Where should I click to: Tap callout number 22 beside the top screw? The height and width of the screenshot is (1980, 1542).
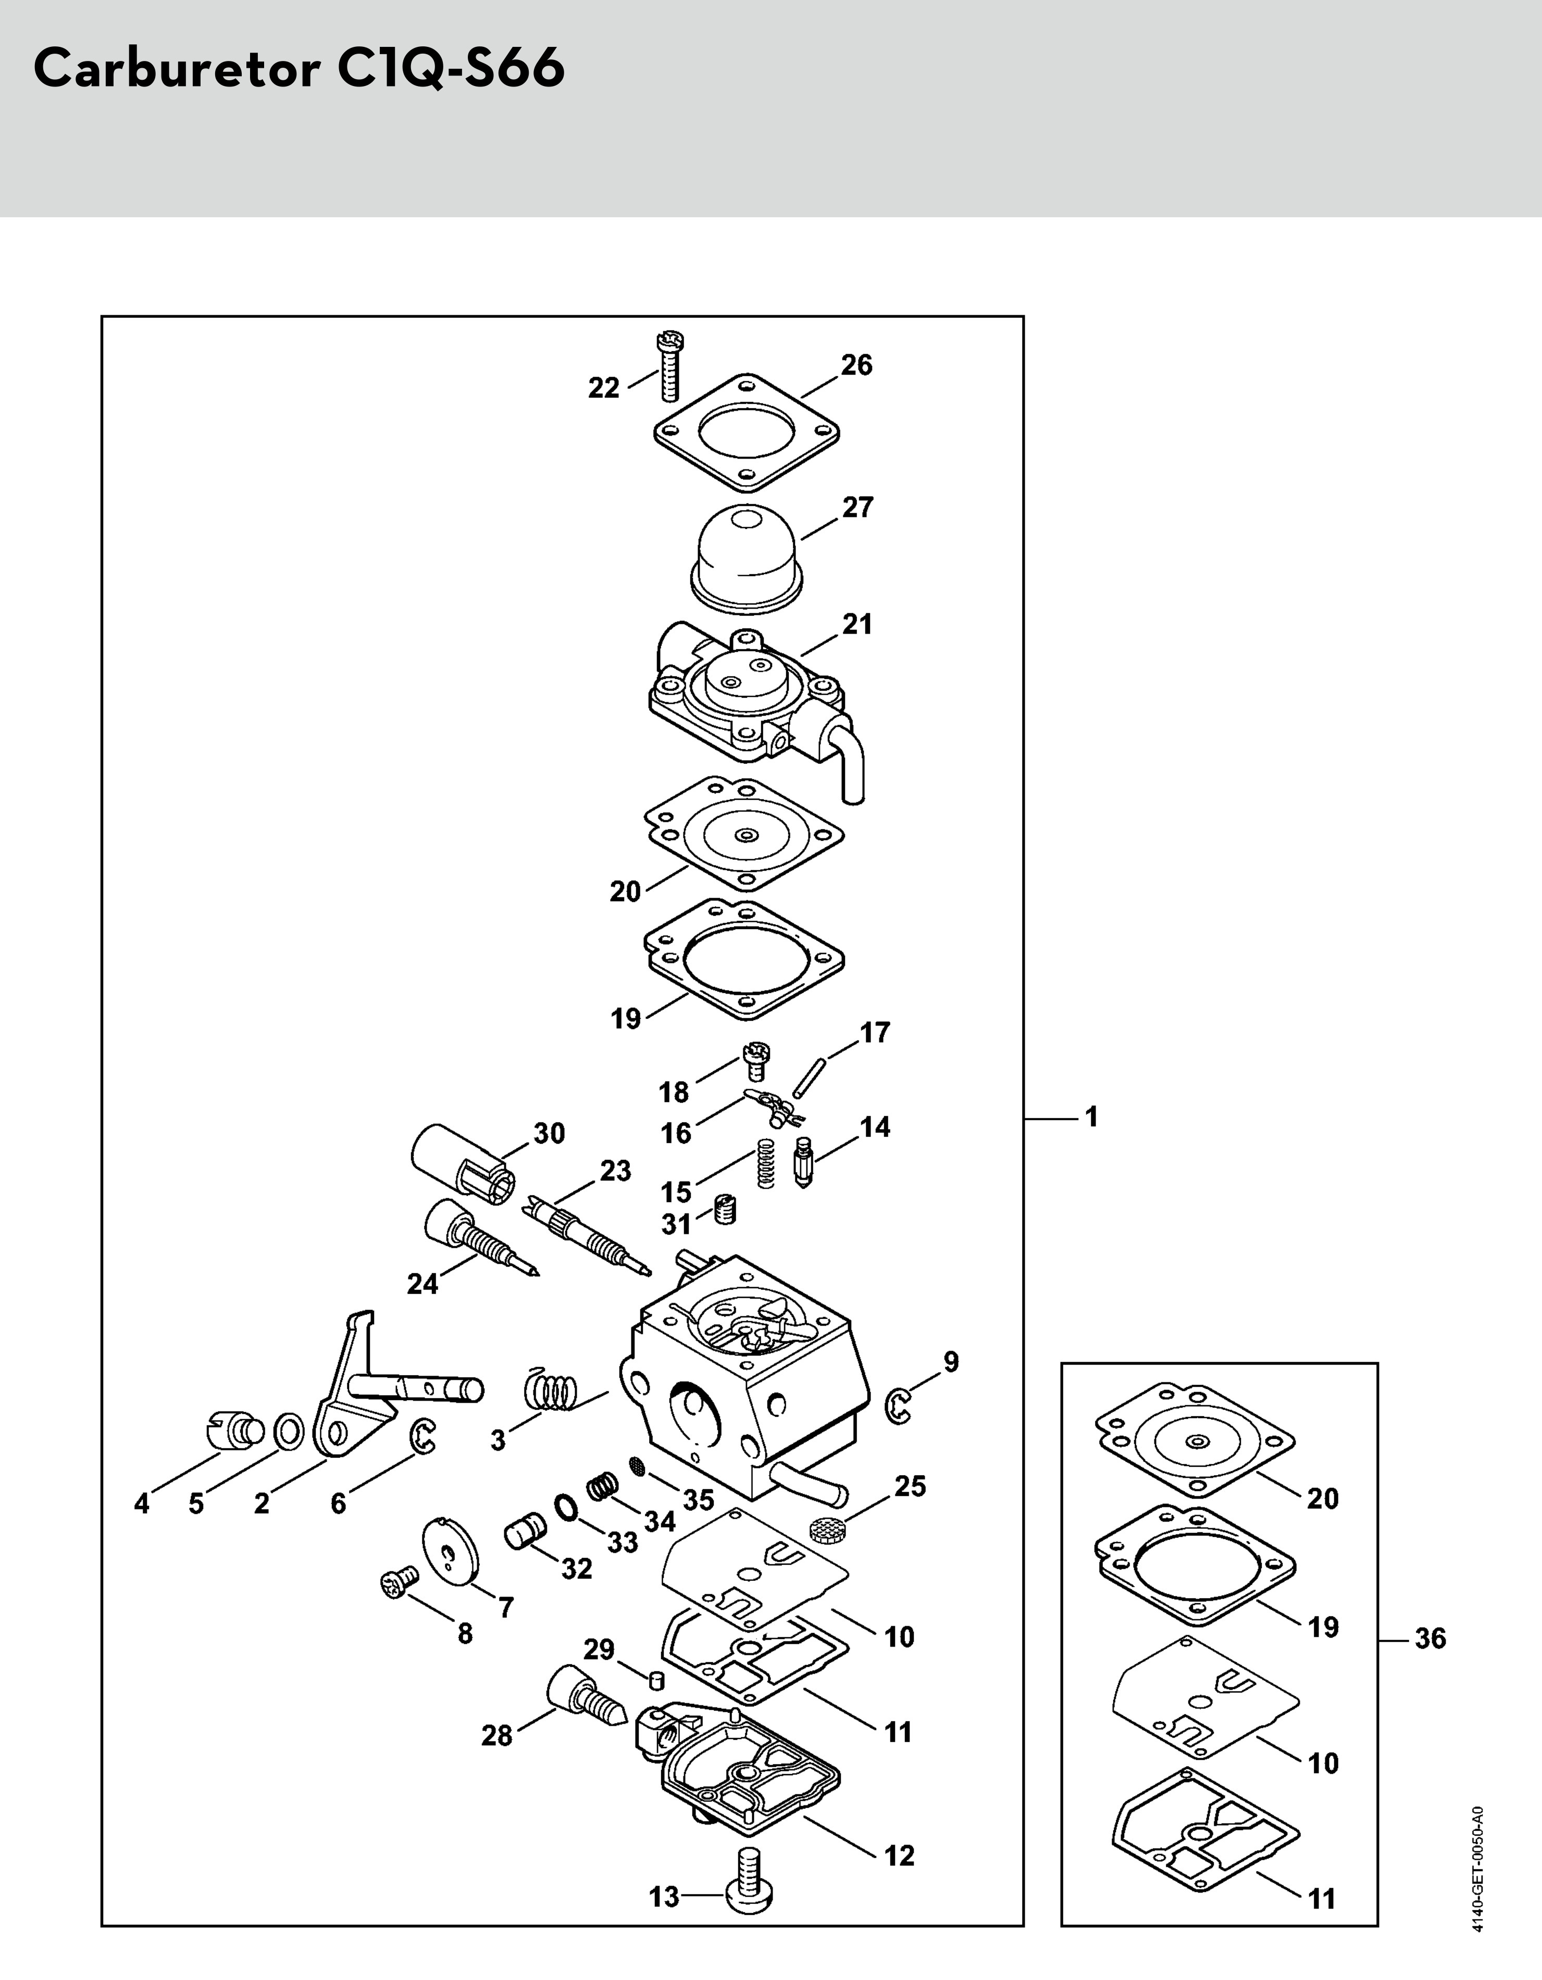point(604,388)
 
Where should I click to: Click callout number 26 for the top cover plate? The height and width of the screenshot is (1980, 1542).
point(856,365)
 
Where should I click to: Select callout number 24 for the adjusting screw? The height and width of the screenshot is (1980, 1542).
point(422,1284)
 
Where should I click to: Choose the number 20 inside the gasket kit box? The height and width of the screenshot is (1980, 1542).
point(1323,1499)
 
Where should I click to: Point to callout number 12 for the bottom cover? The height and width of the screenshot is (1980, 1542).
point(899,1856)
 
